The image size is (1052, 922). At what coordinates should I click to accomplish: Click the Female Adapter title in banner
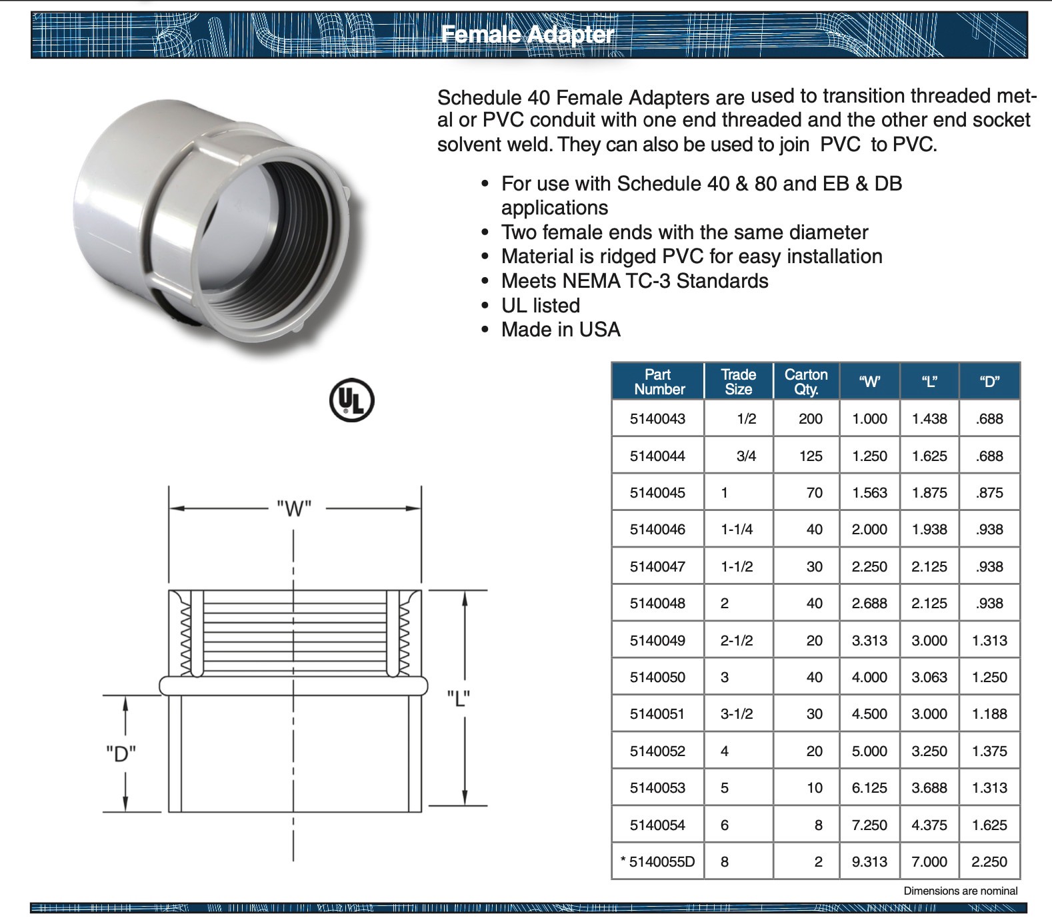tap(527, 34)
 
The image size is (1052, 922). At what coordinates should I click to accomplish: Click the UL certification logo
tap(352, 400)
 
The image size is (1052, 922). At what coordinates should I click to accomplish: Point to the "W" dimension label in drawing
tap(294, 509)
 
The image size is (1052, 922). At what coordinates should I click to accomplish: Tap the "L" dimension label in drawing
tap(459, 699)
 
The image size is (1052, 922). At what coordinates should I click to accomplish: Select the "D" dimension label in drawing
tap(121, 753)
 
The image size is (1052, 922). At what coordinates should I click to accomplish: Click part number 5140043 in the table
tap(657, 419)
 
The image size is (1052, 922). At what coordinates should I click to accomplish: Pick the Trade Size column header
tap(738, 382)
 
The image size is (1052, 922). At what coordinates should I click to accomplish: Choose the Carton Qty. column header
tap(806, 382)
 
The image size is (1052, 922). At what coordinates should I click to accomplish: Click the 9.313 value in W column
tap(869, 862)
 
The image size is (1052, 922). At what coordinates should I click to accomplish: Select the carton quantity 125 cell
tap(811, 456)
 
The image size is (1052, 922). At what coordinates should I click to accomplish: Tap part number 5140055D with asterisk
tap(657, 862)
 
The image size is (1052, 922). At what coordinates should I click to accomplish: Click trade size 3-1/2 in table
tap(737, 714)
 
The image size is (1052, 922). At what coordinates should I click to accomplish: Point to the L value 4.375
tap(929, 825)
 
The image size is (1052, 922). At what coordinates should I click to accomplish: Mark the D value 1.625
tap(989, 825)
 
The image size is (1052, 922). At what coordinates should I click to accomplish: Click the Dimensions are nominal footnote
tap(960, 891)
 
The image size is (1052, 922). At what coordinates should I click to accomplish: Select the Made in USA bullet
tap(561, 330)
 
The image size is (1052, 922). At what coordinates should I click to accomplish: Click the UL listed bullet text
tap(541, 306)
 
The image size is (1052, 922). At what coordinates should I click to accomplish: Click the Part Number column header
tap(658, 382)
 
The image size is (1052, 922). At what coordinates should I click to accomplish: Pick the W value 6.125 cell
tap(869, 788)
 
